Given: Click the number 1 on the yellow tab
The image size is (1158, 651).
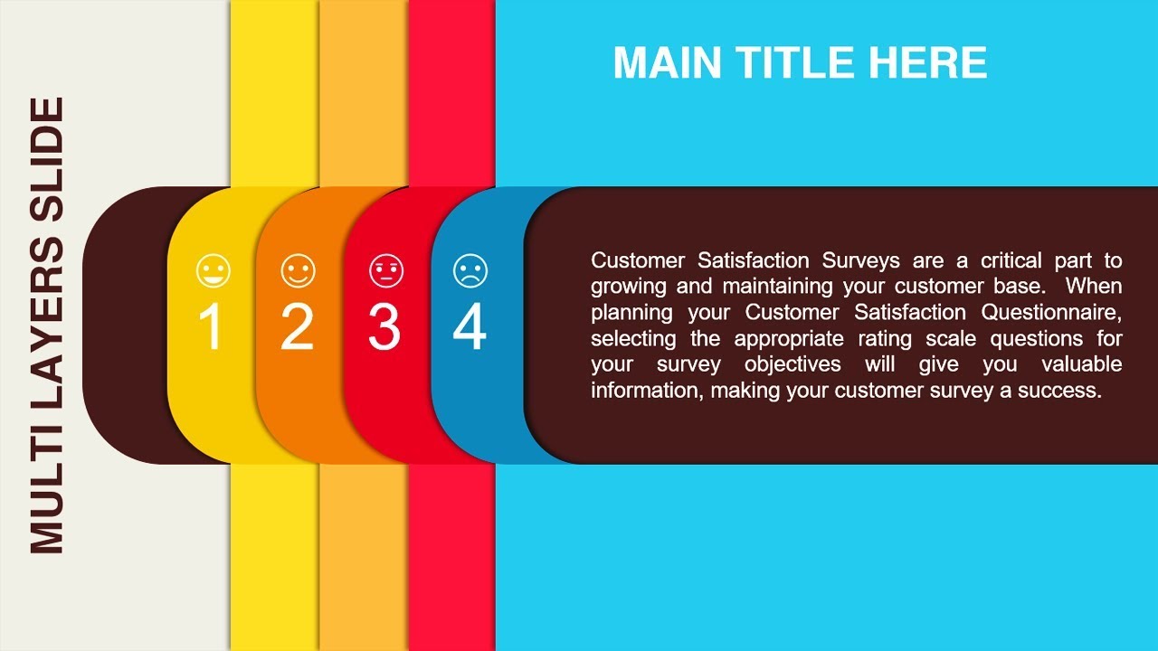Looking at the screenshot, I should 210,326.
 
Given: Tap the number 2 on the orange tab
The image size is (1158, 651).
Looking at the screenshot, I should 297,326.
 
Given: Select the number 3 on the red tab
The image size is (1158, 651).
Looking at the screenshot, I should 384,326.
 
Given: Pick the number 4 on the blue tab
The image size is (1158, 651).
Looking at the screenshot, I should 470,326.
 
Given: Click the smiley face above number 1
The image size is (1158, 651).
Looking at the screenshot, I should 213,270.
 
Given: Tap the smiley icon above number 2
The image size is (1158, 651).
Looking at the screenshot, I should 298,270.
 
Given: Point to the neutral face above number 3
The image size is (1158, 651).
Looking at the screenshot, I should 386,270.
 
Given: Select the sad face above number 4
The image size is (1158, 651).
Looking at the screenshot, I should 470,270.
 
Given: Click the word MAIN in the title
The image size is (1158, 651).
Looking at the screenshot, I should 667,63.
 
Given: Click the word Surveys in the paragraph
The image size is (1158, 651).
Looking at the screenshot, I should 860,261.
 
